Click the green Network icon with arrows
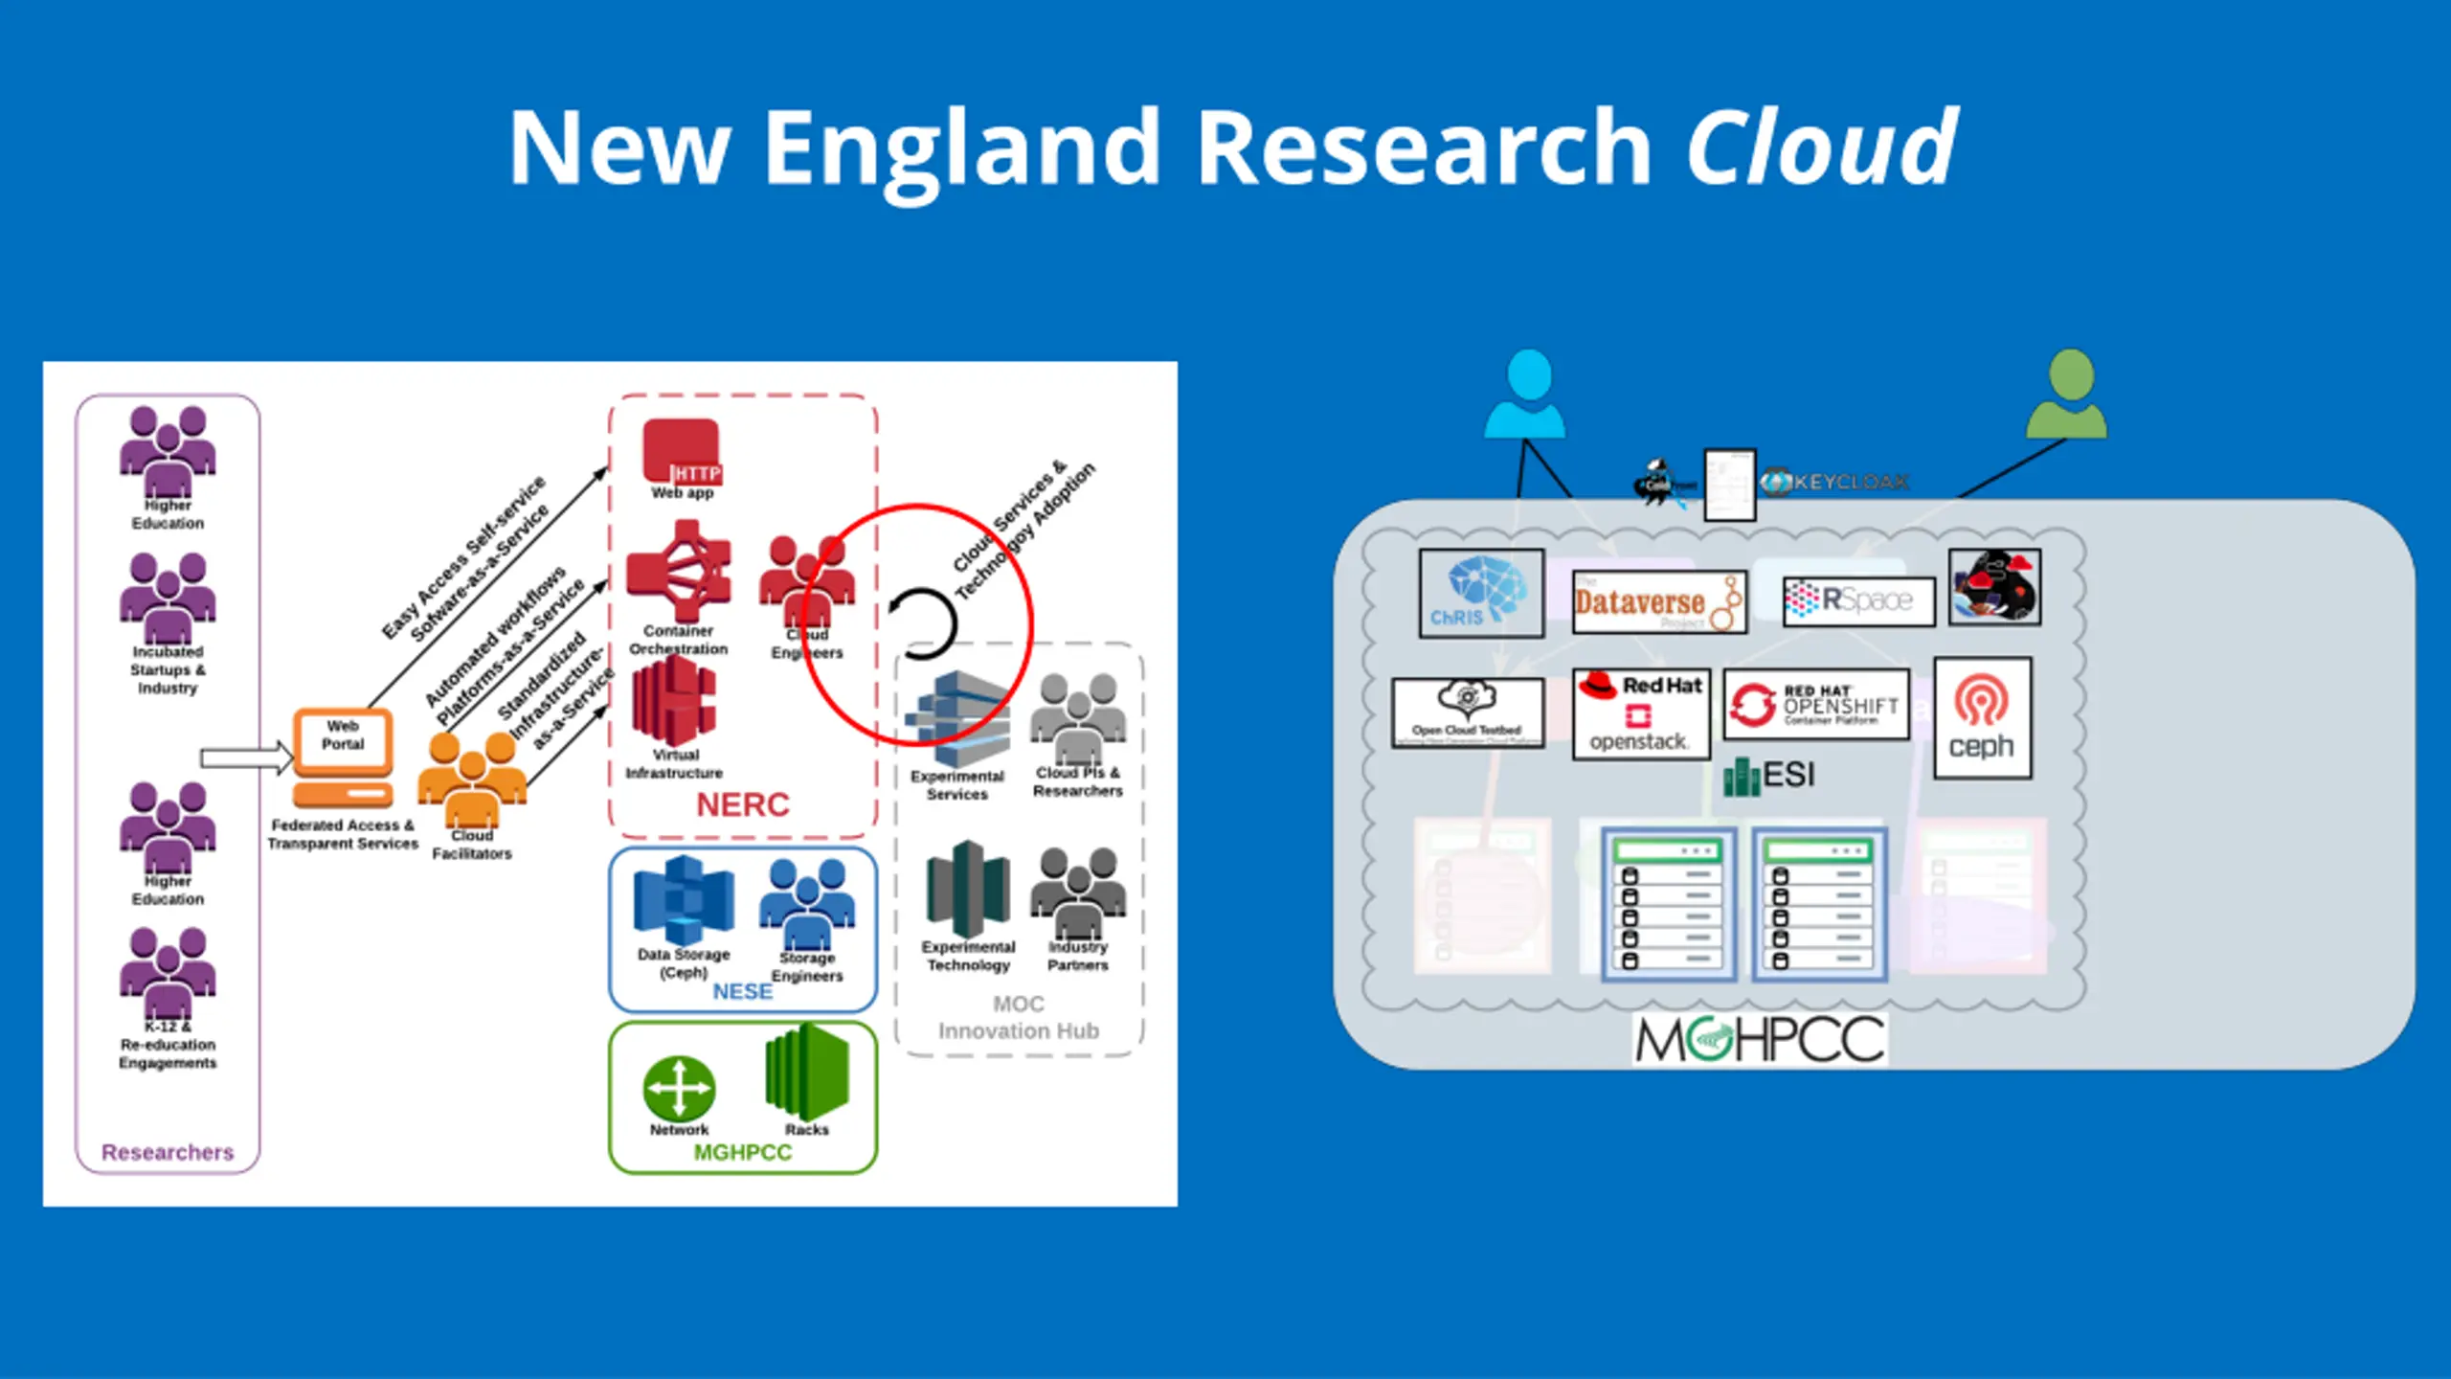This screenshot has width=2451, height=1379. [x=679, y=1088]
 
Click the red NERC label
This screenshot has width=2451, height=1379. [x=742, y=804]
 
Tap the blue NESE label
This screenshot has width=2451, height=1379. [x=742, y=991]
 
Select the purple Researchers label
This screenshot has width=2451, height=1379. [x=168, y=1152]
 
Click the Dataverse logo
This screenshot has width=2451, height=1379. [x=1659, y=602]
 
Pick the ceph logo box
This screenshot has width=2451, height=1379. [x=1982, y=718]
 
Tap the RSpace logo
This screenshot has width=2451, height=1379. [x=1857, y=600]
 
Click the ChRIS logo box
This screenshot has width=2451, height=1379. [x=1481, y=593]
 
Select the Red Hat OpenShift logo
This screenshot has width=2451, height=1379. [x=1815, y=705]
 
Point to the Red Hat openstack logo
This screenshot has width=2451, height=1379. [x=1641, y=714]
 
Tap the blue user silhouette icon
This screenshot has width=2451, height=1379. [x=1526, y=394]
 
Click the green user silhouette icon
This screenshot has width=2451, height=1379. [x=2067, y=394]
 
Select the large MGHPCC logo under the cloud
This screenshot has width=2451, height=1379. [x=1760, y=1040]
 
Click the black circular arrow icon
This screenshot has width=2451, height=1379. [x=922, y=623]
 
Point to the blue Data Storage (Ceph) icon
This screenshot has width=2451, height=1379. [x=684, y=901]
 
